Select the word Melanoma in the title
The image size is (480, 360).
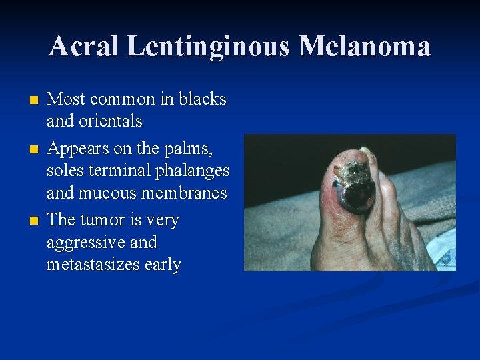pos(365,47)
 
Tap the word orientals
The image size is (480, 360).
pos(111,121)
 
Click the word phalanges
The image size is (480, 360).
pos(191,171)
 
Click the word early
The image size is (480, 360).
pos(162,265)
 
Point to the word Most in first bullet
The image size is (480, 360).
pos(65,99)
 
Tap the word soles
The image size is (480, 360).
pos(63,171)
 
